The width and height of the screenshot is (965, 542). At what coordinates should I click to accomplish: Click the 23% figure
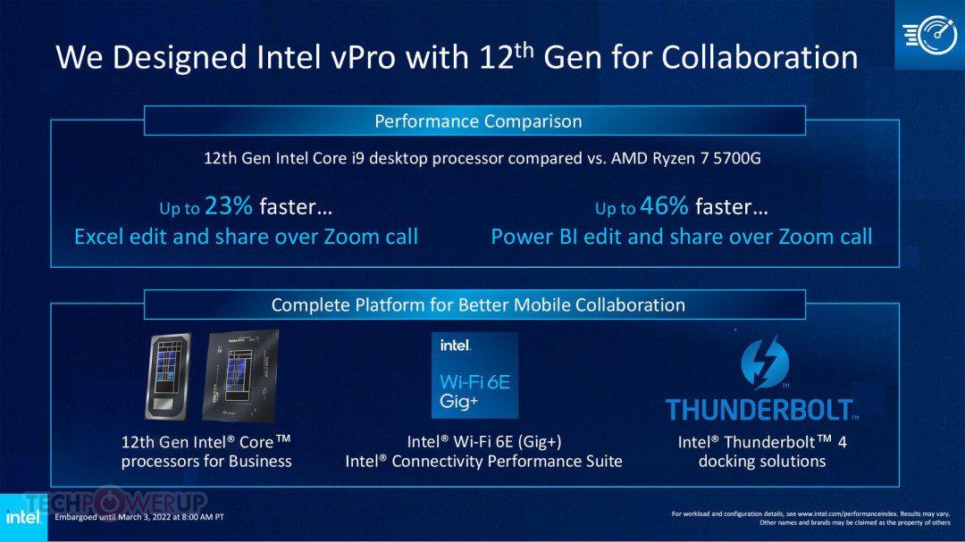point(229,206)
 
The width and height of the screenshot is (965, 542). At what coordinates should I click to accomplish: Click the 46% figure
point(664,206)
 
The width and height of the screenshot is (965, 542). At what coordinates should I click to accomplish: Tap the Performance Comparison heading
point(478,121)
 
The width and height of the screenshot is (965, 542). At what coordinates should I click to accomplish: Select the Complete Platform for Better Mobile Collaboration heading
point(478,304)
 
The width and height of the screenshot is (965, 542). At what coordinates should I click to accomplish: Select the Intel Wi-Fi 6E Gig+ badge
point(474,376)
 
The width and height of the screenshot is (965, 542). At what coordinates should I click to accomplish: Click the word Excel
point(102,237)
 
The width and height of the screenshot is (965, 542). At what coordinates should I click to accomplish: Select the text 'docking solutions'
point(762,462)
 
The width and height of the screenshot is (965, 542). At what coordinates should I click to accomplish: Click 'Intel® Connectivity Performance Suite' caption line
point(483,462)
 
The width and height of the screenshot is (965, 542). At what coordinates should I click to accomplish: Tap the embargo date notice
point(139,517)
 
